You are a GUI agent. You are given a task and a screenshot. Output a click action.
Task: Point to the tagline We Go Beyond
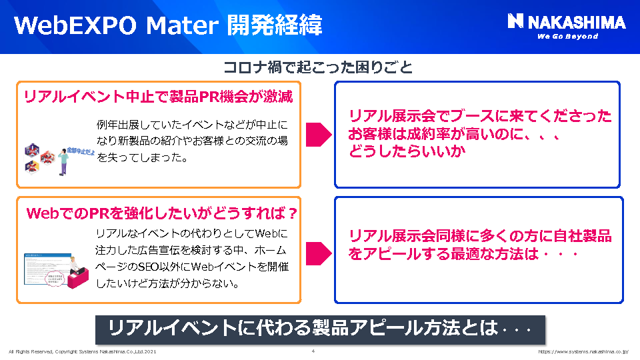tap(567, 37)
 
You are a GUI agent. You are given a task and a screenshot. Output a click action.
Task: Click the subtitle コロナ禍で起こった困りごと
tap(318, 67)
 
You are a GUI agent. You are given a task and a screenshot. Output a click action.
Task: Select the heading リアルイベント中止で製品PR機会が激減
tap(158, 97)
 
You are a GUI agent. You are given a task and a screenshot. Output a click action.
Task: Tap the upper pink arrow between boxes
tap(318, 133)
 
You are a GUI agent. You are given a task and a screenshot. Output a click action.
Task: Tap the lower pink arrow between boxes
tap(318, 252)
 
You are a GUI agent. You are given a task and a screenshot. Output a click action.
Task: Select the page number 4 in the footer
tap(313, 351)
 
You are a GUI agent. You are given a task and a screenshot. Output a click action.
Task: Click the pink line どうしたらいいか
tap(407, 151)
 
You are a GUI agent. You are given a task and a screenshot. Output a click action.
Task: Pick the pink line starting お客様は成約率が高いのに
tap(453, 133)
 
